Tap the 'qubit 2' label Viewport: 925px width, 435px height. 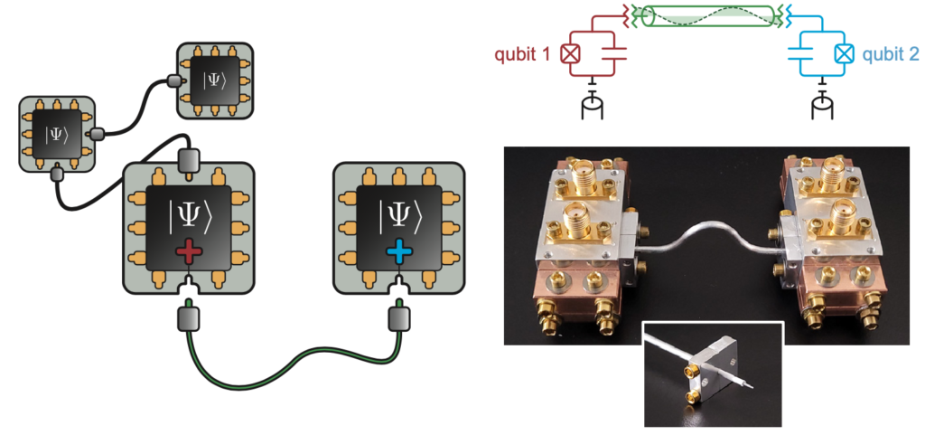click(890, 53)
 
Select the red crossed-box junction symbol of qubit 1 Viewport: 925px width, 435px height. click(570, 53)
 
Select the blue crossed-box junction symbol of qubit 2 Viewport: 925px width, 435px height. click(843, 53)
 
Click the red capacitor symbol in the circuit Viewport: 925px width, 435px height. click(607, 53)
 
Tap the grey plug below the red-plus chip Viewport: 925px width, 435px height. click(188, 317)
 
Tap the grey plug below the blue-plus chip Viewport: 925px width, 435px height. click(398, 317)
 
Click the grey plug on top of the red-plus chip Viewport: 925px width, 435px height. click(188, 161)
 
